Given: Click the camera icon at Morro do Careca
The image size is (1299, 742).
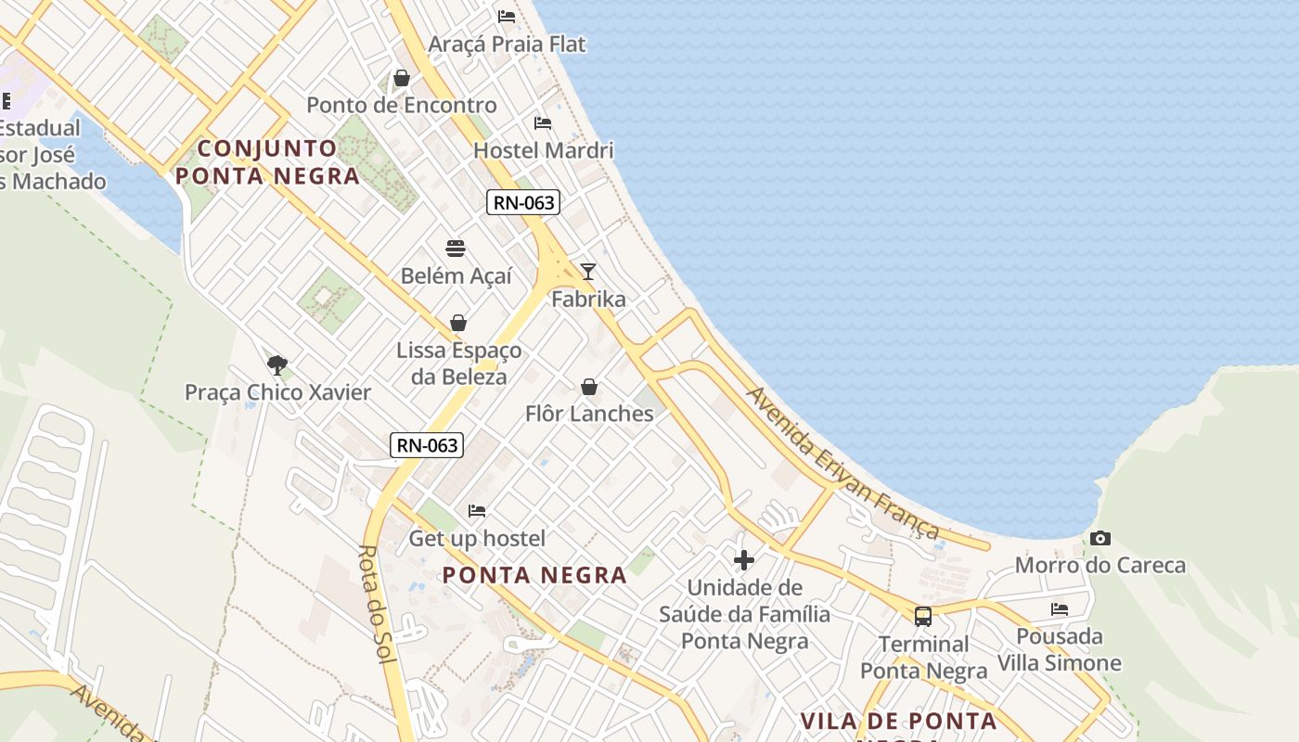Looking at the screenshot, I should click(x=1100, y=538).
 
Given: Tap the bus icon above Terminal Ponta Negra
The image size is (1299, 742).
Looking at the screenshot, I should click(x=923, y=616).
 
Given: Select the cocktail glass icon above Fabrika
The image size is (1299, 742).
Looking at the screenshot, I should click(x=588, y=271).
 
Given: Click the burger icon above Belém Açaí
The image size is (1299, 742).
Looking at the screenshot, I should click(x=456, y=248).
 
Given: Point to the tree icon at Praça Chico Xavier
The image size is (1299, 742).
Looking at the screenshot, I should click(x=277, y=365).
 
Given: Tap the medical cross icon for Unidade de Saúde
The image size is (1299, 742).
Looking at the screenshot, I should click(x=744, y=559).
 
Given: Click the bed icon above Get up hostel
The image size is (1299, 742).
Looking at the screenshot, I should click(x=477, y=510).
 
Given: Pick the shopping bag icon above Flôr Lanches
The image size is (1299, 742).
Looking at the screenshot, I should click(x=589, y=386).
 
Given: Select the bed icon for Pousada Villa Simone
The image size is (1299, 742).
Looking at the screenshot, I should click(x=1060, y=608).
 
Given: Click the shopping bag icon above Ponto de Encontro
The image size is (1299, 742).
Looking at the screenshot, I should click(x=402, y=78).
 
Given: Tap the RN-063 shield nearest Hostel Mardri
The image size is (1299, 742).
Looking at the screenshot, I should click(x=523, y=202).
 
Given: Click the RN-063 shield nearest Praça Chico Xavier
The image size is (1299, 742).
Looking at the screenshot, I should click(x=427, y=444).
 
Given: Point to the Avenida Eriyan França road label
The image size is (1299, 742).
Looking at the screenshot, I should click(x=843, y=463).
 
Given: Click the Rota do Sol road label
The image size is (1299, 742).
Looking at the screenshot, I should click(x=378, y=603).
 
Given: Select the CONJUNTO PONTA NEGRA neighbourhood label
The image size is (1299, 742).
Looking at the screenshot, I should click(x=267, y=162).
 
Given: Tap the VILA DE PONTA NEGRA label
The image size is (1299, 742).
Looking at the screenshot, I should click(x=898, y=722).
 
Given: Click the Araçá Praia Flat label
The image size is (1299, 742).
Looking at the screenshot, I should click(x=508, y=44).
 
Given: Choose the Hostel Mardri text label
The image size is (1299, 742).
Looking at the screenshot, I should click(x=544, y=150).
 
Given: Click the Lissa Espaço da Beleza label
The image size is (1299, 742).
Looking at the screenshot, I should click(x=459, y=364).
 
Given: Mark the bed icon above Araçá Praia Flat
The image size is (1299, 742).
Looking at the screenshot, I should click(x=507, y=16).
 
